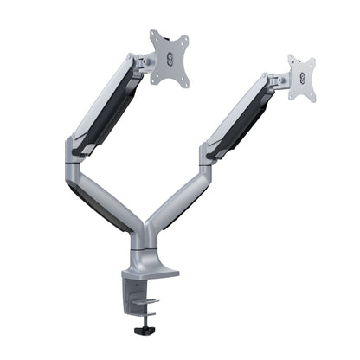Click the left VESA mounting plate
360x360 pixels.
pos(169,58)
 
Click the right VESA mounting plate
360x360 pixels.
pos(301,78)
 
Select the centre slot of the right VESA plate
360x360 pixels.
pos(302,78)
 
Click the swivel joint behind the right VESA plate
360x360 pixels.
pos(277,81)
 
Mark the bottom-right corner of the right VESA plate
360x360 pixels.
pos(313,99)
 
